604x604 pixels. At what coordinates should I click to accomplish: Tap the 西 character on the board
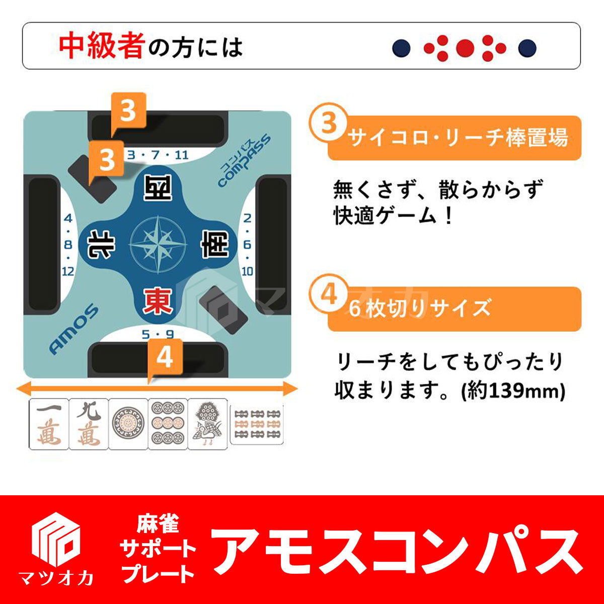(x=157, y=189)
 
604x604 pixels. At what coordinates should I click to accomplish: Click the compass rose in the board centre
(x=158, y=245)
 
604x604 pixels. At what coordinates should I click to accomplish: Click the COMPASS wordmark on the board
(x=245, y=161)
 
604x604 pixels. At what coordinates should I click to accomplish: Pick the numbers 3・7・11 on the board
(x=158, y=155)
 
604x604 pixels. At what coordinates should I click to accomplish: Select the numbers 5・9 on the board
(x=158, y=334)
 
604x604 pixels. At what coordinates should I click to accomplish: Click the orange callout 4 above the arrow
(x=165, y=358)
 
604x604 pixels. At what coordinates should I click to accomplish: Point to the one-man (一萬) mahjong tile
(x=49, y=424)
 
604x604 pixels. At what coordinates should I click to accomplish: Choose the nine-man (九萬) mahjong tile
(x=88, y=424)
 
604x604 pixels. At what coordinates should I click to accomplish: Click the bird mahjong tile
(x=207, y=424)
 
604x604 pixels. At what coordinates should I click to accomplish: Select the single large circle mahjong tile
(x=128, y=424)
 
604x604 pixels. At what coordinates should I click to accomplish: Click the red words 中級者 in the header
(x=102, y=46)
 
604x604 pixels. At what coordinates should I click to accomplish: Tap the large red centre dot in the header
(x=465, y=48)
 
